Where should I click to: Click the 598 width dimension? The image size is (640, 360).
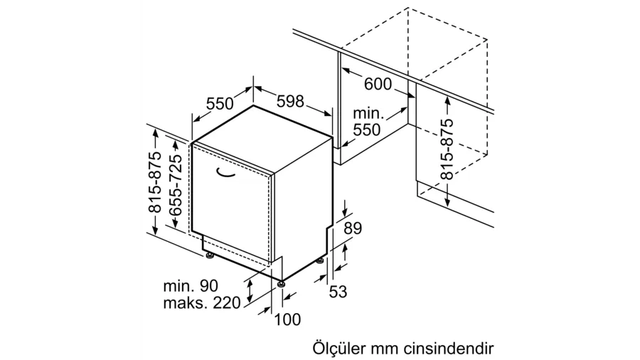tap(290, 101)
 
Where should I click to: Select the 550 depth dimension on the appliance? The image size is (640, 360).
tap(220, 104)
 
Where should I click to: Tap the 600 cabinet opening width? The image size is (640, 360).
tap(378, 84)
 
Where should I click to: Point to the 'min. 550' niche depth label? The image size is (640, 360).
tap(366, 122)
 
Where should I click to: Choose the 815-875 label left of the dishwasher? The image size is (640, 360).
tap(155, 182)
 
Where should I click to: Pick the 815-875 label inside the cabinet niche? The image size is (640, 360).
tap(447, 149)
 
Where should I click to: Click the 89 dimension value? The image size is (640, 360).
tap(353, 228)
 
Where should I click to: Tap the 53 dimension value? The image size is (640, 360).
tap(338, 292)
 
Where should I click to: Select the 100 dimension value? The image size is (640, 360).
tap(287, 319)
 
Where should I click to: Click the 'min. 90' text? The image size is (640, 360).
tap(191, 285)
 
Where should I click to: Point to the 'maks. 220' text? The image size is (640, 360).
tap(202, 303)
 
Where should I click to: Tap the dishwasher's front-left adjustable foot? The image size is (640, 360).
tap(210, 256)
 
